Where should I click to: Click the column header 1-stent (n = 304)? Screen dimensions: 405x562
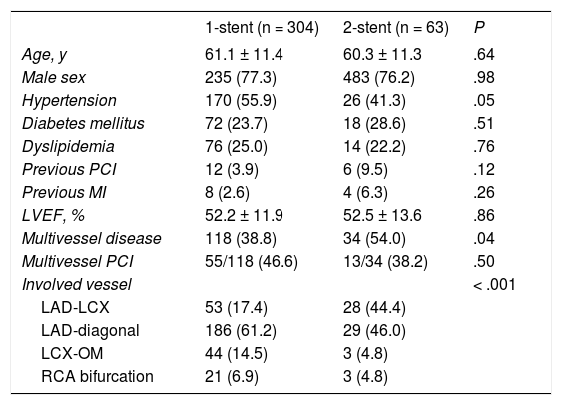262,28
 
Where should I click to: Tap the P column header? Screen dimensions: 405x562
479,28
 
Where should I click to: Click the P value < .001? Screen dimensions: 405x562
495,284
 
